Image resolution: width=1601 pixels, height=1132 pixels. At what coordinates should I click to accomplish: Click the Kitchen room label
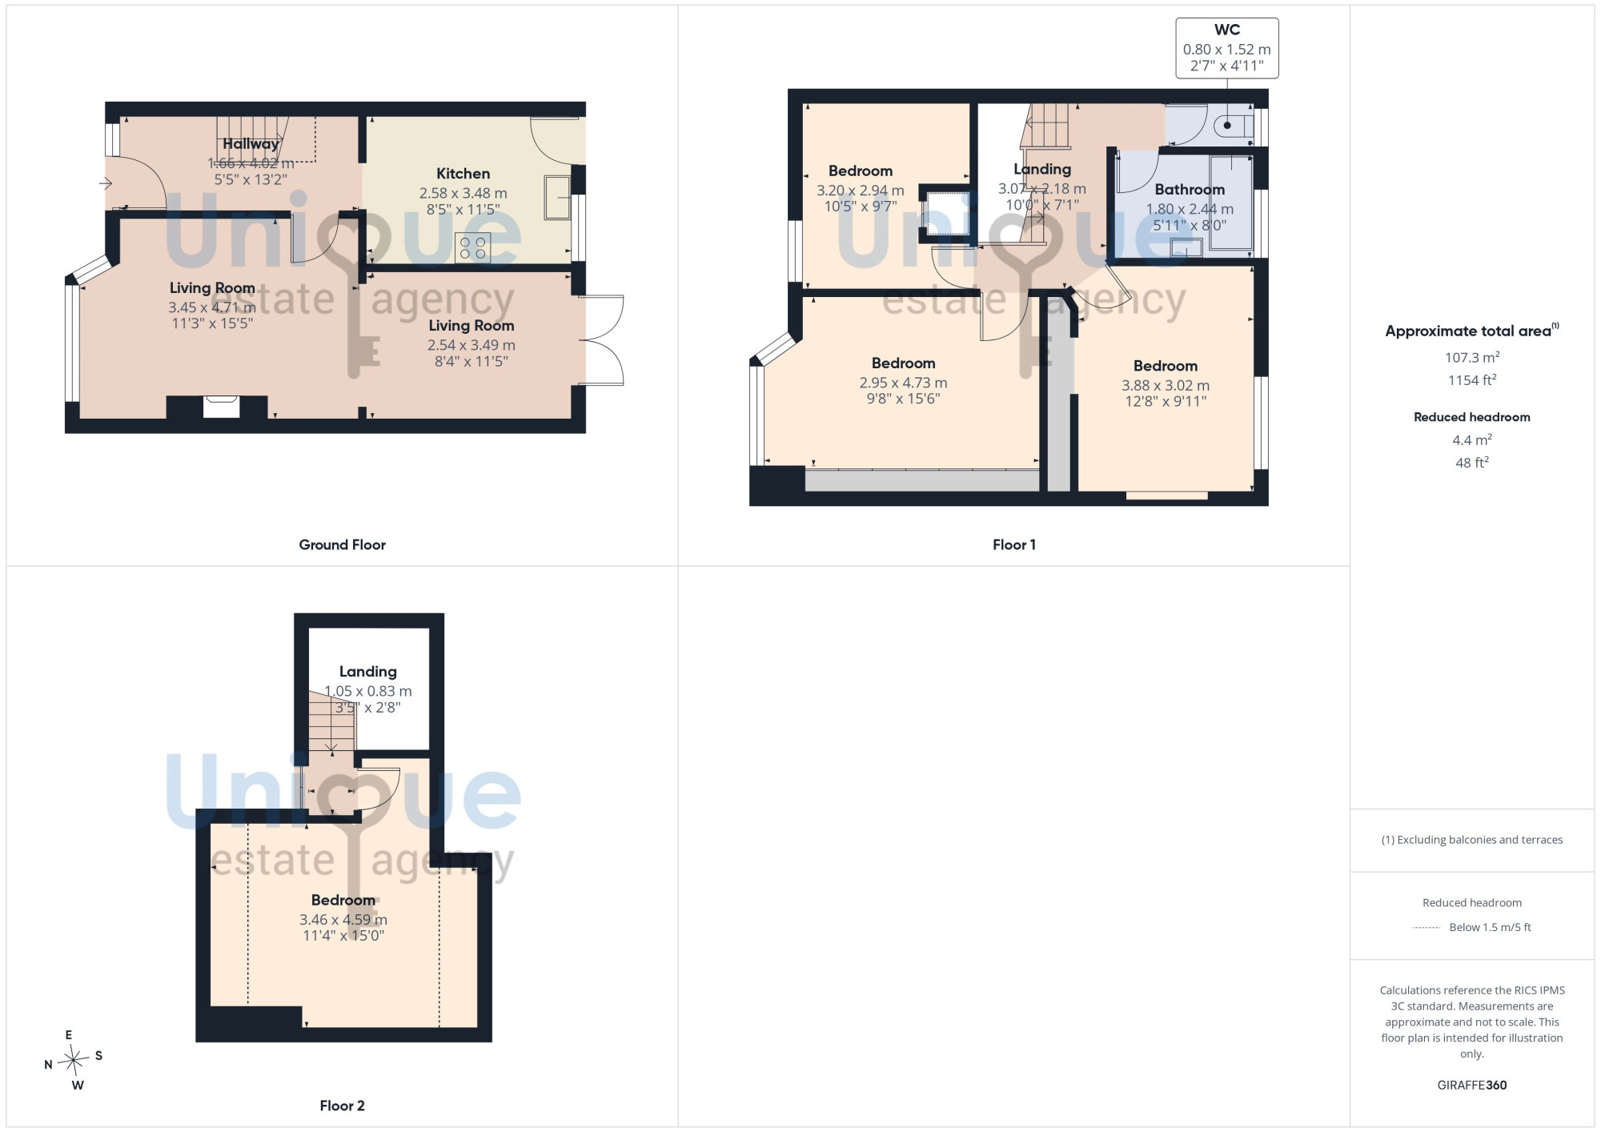[x=463, y=174]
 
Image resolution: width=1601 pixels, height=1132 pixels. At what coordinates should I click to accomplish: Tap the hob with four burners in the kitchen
[x=472, y=248]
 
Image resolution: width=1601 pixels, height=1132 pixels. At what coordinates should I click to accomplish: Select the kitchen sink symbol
[x=557, y=197]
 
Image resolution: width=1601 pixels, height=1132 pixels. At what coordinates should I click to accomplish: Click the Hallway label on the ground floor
[x=251, y=144]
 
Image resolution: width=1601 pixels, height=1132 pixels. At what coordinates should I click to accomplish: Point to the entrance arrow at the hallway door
[x=106, y=184]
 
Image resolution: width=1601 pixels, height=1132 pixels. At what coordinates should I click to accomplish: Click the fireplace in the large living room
[x=221, y=407]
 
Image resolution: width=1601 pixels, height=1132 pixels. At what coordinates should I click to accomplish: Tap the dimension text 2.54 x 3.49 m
[x=471, y=345]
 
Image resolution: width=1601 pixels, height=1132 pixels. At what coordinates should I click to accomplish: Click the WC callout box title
[x=1226, y=30]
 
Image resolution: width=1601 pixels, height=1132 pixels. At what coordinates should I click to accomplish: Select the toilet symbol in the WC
[x=1234, y=126]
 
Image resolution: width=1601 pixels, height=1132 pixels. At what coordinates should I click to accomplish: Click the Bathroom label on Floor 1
[x=1190, y=190]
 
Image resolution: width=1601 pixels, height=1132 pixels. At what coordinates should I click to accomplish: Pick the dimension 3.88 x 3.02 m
[x=1165, y=386]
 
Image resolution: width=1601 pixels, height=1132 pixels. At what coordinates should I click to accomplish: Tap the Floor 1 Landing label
[x=1041, y=169]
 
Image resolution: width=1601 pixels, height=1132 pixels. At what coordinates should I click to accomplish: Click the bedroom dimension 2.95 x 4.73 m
[x=903, y=383]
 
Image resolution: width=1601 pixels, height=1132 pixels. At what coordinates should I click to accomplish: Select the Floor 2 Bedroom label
[x=343, y=900]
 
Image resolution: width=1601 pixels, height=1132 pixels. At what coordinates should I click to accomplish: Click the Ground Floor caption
[x=342, y=544]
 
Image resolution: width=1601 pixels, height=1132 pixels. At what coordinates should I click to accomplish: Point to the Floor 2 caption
[x=342, y=1106]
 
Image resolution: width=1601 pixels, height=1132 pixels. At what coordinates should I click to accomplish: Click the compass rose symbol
[x=74, y=1060]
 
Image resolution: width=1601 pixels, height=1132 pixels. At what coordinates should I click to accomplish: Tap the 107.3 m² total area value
[x=1471, y=357]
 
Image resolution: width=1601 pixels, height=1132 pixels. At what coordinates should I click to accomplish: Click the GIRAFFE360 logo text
[x=1471, y=1086]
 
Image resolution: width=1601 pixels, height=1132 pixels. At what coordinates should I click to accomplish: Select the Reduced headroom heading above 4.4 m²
[x=1471, y=417]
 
